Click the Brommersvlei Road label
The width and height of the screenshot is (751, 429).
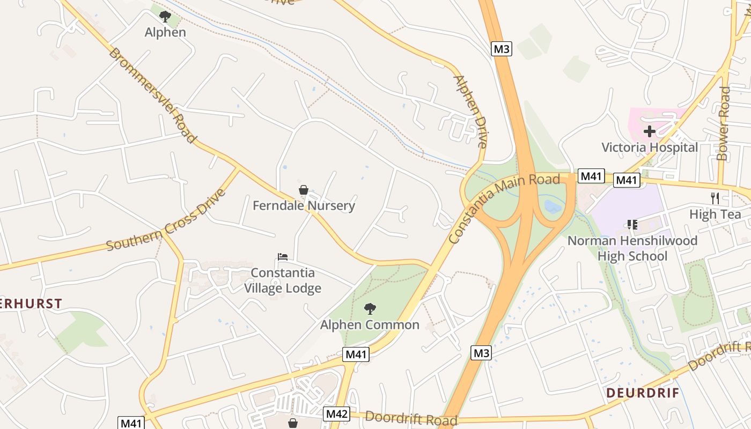tap(153, 95)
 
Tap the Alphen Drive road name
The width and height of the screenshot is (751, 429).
tap(470, 112)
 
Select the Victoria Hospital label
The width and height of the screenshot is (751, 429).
tap(650, 147)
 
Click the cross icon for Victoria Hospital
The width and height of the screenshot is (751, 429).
tap(650, 131)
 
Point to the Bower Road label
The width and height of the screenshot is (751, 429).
tap(723, 124)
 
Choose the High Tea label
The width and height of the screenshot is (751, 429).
tap(715, 214)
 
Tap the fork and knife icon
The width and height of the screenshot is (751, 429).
tap(715, 198)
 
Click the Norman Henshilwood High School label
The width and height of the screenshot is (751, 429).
tap(632, 248)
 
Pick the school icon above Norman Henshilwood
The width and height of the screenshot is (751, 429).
tap(632, 224)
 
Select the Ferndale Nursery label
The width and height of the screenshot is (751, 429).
tap(304, 205)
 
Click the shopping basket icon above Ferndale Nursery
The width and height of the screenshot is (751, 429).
tap(303, 190)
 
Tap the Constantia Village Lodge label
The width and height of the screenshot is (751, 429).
tap(283, 280)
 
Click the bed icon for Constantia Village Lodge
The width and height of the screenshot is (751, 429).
tap(283, 257)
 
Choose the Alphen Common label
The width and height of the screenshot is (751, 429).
tap(370, 325)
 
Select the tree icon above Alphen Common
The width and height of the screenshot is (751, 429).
tap(370, 308)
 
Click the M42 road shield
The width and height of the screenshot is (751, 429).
tap(337, 414)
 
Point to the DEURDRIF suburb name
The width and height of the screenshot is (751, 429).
tap(643, 393)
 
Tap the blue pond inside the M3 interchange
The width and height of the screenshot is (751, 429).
tap(553, 206)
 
